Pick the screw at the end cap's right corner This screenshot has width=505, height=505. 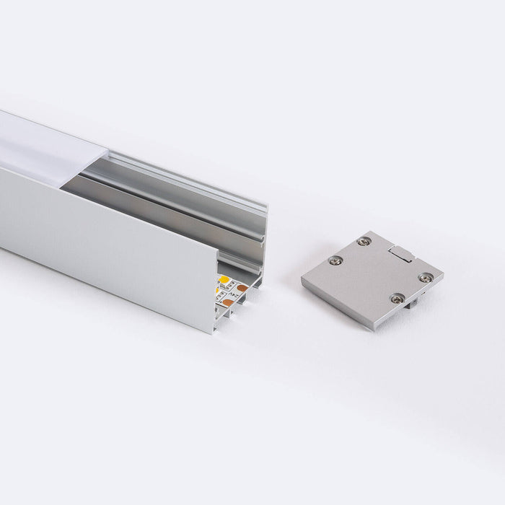426,276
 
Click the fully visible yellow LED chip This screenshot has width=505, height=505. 224,279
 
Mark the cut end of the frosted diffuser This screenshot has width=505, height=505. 109,155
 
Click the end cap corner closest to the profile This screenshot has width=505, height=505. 302,277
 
